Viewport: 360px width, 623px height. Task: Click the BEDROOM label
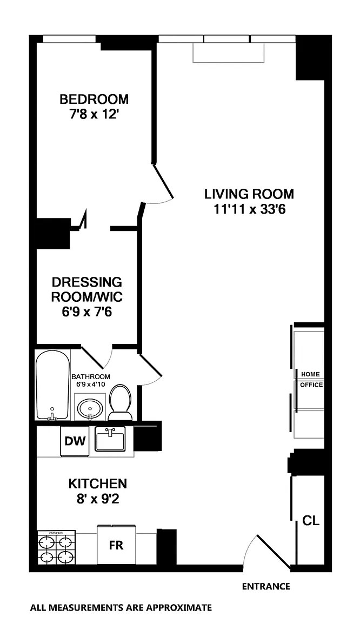(x=94, y=98)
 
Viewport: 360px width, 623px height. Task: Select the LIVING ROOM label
(x=249, y=194)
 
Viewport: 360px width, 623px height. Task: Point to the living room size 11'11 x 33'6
(x=250, y=209)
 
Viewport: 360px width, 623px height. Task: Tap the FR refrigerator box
(x=116, y=545)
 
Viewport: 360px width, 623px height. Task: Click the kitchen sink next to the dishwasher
(x=110, y=440)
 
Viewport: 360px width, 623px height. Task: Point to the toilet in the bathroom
(x=121, y=402)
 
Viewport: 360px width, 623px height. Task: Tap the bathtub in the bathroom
(x=53, y=385)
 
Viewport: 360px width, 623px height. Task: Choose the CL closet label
(x=311, y=520)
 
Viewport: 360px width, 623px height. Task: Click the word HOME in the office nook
(x=310, y=374)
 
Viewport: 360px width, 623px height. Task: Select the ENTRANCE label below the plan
(x=266, y=586)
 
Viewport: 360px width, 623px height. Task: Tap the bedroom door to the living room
(x=163, y=181)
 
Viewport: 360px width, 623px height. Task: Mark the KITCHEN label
(x=98, y=483)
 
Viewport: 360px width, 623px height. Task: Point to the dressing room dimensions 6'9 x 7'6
(x=86, y=312)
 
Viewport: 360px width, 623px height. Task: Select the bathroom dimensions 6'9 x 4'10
(x=91, y=384)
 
